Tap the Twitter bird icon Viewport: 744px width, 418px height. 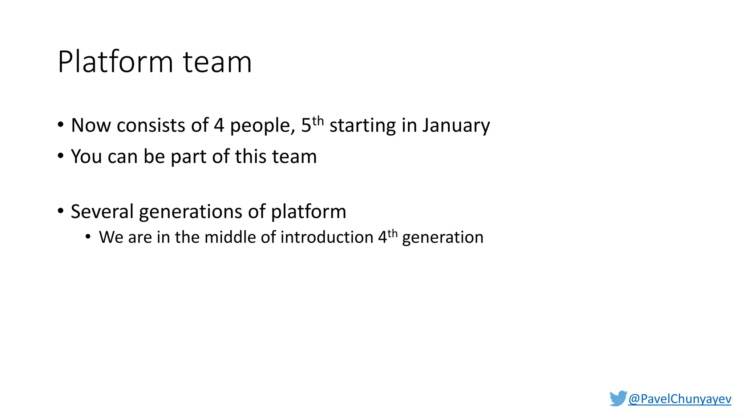coord(618,398)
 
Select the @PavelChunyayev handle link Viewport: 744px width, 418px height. coord(679,399)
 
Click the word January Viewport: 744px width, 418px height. coord(456,126)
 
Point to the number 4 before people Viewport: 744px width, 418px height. coord(219,126)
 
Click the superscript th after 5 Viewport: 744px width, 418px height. coord(318,120)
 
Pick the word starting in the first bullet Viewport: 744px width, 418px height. coord(362,126)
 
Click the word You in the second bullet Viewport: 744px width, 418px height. coord(86,157)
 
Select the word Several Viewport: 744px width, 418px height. coord(102,212)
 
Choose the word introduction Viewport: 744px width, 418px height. coord(327,238)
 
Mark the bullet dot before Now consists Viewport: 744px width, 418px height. coord(61,125)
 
